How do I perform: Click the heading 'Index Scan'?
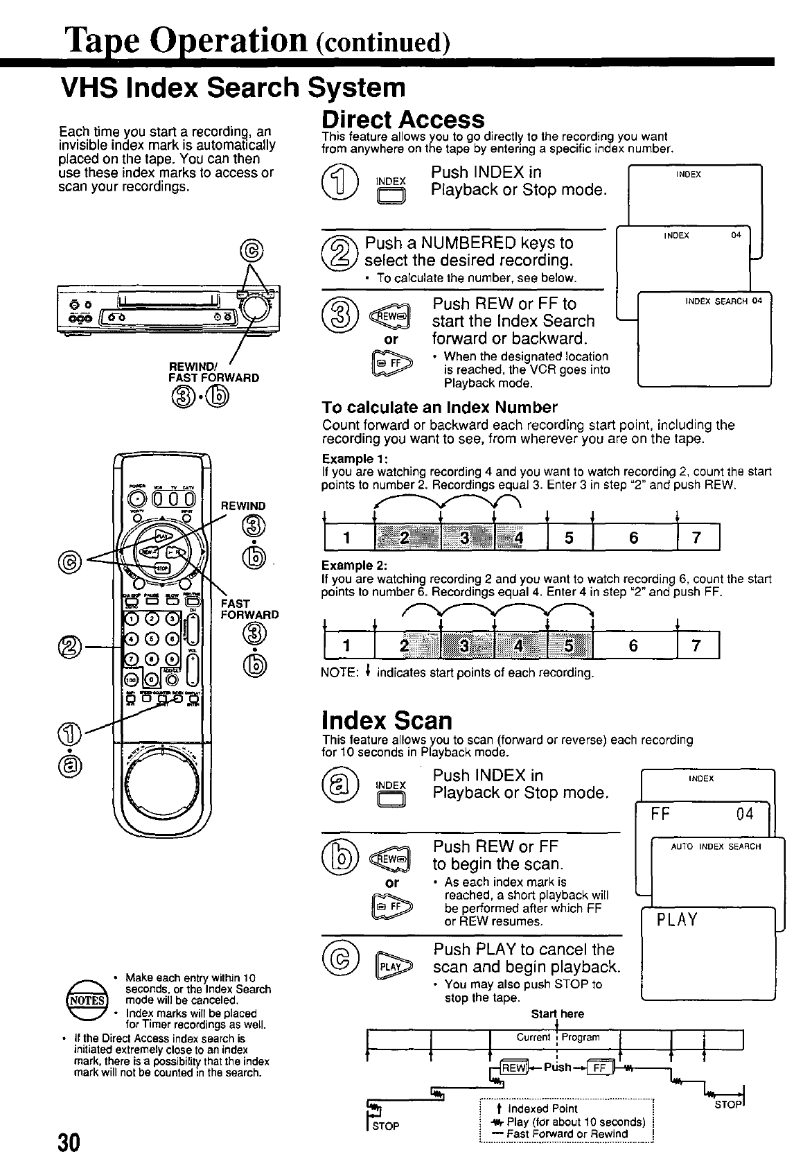387,720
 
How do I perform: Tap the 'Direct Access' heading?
403,119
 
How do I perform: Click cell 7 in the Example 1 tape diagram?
697,539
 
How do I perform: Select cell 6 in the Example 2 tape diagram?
633,646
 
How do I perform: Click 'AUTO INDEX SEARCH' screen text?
716,846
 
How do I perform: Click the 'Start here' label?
557,1013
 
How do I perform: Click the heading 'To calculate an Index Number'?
440,407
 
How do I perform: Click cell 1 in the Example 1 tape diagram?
346,539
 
